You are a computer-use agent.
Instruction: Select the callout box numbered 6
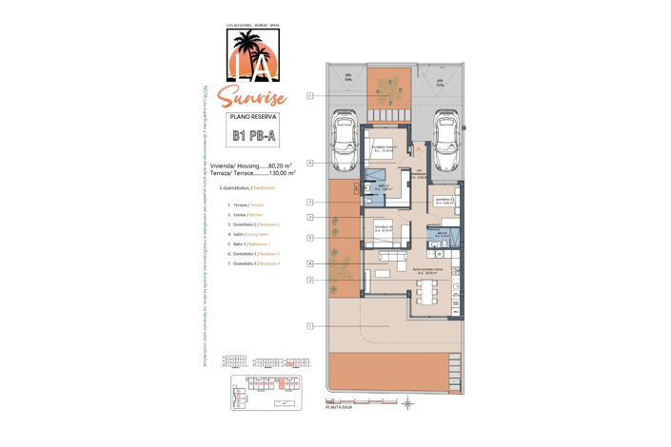[310, 163]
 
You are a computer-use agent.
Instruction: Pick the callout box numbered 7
[310, 203]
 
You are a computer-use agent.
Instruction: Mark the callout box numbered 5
[310, 237]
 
